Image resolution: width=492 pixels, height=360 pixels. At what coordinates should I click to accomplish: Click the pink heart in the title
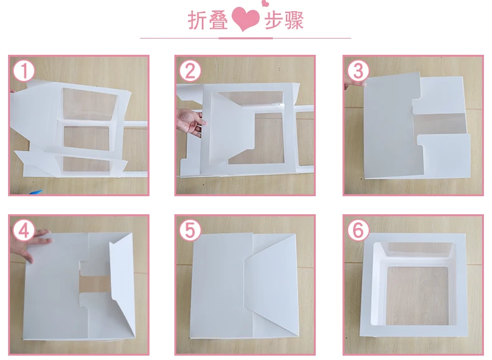pos(245,19)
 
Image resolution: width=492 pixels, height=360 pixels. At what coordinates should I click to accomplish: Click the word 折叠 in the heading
pos(208,20)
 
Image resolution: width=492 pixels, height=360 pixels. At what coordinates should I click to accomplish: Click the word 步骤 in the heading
pos(284,20)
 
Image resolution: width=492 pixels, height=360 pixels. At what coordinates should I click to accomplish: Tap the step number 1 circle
pos(24,71)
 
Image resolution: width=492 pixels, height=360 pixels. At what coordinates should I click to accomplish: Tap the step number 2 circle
pos(190,71)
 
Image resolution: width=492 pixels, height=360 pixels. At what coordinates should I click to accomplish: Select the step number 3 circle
pos(358,71)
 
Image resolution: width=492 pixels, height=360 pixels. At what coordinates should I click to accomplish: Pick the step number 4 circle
pos(24,230)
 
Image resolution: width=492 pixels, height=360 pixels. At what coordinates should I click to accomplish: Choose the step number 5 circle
pos(190,230)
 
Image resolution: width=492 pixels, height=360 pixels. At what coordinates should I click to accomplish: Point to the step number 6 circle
pos(358,230)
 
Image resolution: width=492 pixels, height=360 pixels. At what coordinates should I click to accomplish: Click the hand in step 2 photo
pos(190,123)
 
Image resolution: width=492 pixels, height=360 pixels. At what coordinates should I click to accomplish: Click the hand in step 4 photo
pos(30,245)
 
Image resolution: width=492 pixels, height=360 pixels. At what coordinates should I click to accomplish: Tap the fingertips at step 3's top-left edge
pos(354,83)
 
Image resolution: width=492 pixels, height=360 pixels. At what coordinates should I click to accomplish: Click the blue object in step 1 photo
pos(35,192)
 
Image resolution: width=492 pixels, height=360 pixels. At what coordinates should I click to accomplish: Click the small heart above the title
pos(265,3)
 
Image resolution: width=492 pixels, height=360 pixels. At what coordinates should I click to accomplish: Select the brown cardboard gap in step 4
pos(94,284)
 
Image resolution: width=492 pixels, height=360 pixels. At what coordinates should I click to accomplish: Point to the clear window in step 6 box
pos(418,296)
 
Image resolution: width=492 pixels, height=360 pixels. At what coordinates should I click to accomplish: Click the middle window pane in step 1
pos(87,138)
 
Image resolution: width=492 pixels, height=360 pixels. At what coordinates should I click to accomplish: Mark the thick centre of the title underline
pos(245,38)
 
